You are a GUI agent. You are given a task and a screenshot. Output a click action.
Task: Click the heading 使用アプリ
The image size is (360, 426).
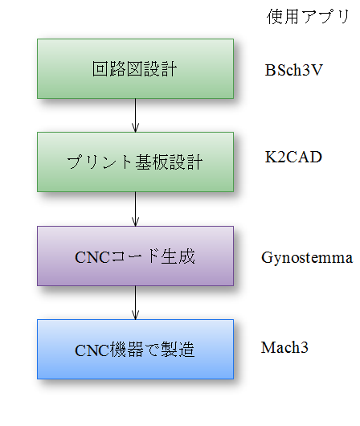[x=308, y=17]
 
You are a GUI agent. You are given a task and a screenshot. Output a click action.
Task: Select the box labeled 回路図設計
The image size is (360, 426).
[x=135, y=69]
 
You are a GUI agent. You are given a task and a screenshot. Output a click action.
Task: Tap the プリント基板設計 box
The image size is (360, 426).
[x=135, y=162]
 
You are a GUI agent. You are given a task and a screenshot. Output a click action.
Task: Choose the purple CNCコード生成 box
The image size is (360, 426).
[x=135, y=256]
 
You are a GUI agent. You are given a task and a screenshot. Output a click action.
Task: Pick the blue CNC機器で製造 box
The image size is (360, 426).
[x=135, y=349]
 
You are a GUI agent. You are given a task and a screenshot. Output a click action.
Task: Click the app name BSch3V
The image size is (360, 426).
[x=294, y=70]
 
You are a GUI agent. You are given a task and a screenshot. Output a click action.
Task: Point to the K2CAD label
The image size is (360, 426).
[x=293, y=157]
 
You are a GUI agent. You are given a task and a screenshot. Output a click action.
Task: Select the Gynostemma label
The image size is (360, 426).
[x=307, y=257]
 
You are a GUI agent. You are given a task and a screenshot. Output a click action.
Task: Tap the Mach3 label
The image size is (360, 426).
[x=284, y=347]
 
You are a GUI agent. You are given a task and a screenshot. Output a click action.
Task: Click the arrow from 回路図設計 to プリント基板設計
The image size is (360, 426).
[x=135, y=116]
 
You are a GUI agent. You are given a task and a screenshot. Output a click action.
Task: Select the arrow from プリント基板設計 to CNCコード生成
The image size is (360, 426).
[x=135, y=209]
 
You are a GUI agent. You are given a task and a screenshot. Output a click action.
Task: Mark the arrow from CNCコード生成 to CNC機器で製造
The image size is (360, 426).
[x=135, y=303]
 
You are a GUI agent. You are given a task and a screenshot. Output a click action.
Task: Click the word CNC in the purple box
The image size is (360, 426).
[x=92, y=257]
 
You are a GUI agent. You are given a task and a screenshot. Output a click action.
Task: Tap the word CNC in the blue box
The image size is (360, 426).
[x=92, y=350]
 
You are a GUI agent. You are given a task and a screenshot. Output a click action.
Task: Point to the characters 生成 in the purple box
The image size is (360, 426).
[x=178, y=256]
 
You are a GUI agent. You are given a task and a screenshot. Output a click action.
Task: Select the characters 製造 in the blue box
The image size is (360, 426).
[x=178, y=350]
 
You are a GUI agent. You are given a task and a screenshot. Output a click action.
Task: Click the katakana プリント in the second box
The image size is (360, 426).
[x=100, y=162]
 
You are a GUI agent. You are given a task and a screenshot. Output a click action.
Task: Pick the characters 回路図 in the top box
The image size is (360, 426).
[x=117, y=69]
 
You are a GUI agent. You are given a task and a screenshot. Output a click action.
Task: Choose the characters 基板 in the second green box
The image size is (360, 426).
[x=152, y=162]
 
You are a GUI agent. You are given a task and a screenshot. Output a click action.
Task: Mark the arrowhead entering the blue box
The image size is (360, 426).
[x=135, y=315]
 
